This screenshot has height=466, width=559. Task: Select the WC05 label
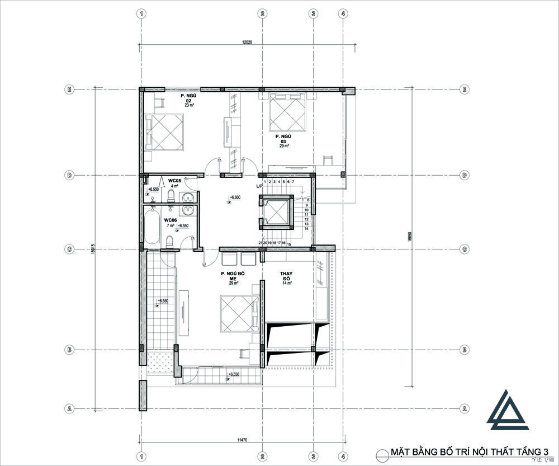click(x=174, y=181)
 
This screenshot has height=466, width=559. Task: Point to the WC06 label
click(x=170, y=221)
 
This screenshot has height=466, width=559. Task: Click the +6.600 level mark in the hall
click(x=235, y=197)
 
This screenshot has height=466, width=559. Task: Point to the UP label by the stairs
click(x=259, y=186)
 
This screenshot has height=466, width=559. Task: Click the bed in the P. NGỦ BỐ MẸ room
click(x=239, y=314)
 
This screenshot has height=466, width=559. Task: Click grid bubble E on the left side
click(x=70, y=89)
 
